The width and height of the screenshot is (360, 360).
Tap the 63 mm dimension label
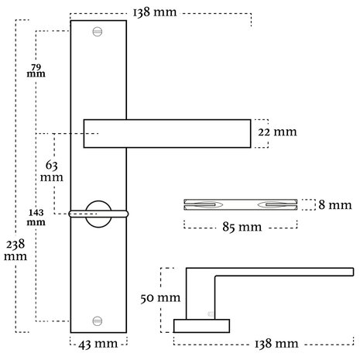pos(51,170)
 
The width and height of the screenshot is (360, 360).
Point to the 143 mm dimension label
pos(35,216)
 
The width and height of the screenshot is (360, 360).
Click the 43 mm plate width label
pos(98,343)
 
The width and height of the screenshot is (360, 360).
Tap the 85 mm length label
pos(241,228)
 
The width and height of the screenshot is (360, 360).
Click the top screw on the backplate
pos(97,32)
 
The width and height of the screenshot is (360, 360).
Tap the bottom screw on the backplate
pos(97,319)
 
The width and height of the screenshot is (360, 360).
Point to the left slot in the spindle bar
pos(205,205)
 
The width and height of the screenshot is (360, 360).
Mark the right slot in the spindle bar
pos(278,205)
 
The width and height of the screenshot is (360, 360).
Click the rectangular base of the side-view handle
pos(201,323)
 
